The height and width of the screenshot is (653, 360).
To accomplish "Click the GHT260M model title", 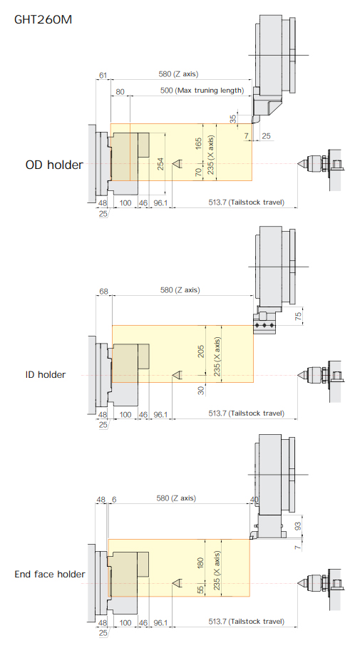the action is pyautogui.click(x=43, y=19).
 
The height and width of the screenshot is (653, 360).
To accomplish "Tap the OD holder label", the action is pyautogui.click(x=54, y=165).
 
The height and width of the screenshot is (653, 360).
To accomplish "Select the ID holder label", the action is pyautogui.click(x=46, y=375).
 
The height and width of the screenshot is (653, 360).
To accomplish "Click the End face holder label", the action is pyautogui.click(x=50, y=575).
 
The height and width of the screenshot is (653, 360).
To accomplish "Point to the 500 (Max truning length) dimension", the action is pyautogui.click(x=202, y=91).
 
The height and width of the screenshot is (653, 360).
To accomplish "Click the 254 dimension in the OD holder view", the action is pyautogui.click(x=160, y=164).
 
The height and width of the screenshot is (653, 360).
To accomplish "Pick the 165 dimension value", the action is pyautogui.click(x=198, y=143).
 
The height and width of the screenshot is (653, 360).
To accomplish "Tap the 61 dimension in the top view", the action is pyautogui.click(x=103, y=76).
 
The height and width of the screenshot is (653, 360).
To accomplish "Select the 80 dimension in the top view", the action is pyautogui.click(x=120, y=92).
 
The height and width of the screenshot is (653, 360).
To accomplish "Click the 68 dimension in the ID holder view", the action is pyautogui.click(x=103, y=292).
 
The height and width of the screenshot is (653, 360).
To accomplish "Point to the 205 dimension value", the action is pyautogui.click(x=201, y=352).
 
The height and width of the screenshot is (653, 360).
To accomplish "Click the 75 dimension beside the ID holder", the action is pyautogui.click(x=298, y=317).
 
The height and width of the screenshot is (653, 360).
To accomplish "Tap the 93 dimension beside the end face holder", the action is pyautogui.click(x=298, y=526).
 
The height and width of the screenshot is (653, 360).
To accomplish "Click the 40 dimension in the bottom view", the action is pyautogui.click(x=254, y=499).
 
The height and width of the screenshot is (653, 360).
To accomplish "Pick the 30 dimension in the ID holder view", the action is pyautogui.click(x=201, y=391).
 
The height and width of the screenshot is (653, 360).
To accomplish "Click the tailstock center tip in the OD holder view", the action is pyautogui.click(x=298, y=164).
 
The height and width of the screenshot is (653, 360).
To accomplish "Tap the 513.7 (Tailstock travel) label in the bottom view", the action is pyautogui.click(x=246, y=622).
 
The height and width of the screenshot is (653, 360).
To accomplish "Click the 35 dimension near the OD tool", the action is pyautogui.click(x=233, y=118).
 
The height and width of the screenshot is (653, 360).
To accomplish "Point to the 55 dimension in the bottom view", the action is pyautogui.click(x=200, y=590).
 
